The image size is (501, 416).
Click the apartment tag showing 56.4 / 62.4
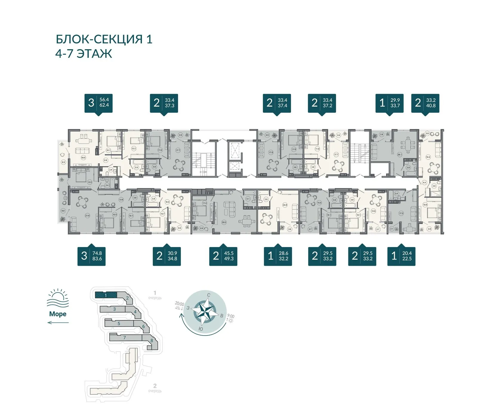(98, 103)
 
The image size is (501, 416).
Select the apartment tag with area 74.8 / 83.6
(92, 256)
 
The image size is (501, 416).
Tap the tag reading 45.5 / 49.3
(223, 256)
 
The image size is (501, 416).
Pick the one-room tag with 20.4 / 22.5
(401, 256)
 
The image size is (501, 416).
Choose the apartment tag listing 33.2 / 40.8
(425, 103)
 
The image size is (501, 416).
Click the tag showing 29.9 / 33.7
(389, 103)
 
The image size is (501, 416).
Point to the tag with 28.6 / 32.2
(278, 256)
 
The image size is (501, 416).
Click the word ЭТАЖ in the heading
(94, 54)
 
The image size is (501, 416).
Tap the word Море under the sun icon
(58, 314)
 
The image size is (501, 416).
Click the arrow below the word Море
(58, 322)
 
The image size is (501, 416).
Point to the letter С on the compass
(209, 295)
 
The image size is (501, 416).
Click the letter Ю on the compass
(201, 329)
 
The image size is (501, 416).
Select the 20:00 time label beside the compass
(180, 304)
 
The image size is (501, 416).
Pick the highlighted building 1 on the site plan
(106, 295)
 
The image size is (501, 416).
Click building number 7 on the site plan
(125, 338)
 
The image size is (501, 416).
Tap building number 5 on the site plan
(119, 323)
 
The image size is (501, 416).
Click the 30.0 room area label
(224, 222)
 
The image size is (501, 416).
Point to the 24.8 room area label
(285, 205)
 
